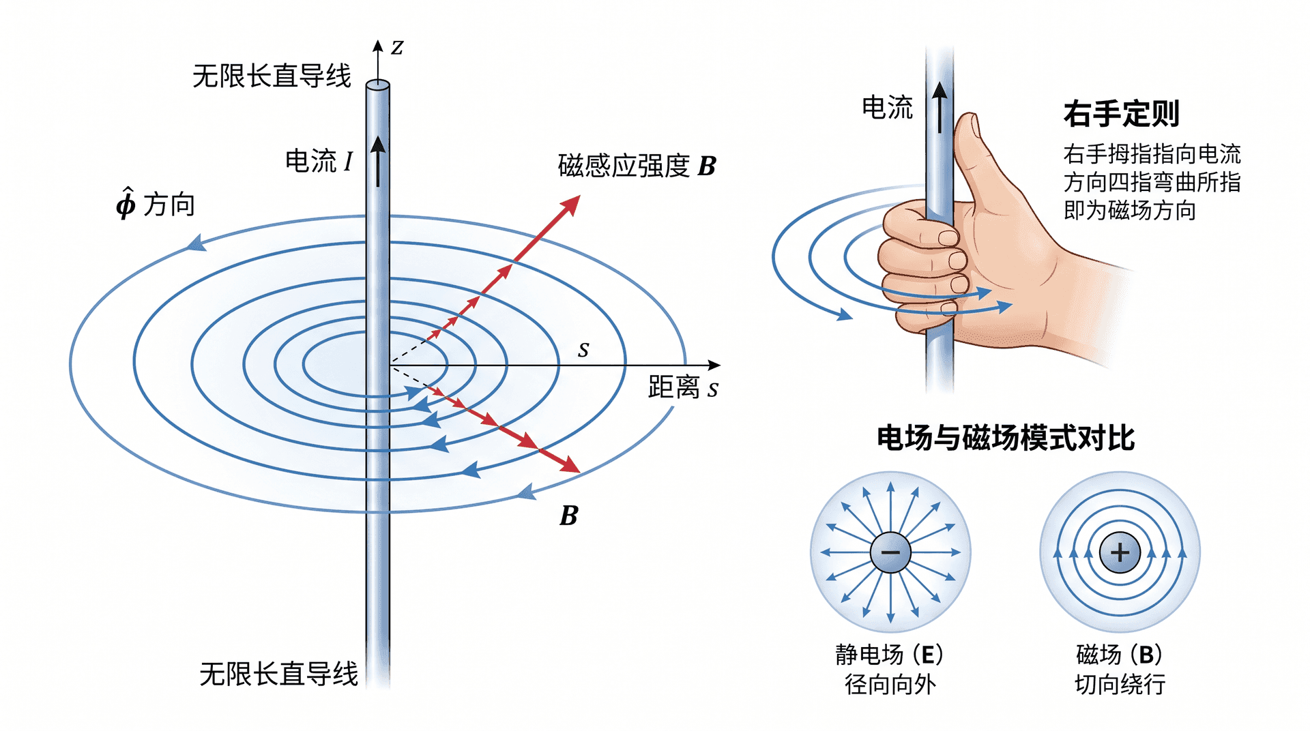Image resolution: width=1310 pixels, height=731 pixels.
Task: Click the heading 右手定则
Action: [1121, 113]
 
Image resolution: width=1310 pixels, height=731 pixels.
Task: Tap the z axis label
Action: [397, 48]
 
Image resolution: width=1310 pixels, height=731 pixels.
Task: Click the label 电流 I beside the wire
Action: [319, 161]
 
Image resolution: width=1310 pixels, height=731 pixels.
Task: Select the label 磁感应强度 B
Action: [637, 166]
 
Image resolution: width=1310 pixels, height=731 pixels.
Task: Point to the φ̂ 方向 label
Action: [156, 203]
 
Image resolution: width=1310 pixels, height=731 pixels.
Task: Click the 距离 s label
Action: [683, 387]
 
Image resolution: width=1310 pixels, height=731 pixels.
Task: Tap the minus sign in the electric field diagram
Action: [890, 552]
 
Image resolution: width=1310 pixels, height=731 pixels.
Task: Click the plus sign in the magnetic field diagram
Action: [1120, 552]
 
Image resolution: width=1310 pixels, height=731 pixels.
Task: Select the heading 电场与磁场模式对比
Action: [1006, 438]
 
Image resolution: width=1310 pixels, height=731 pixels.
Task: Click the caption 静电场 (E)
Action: [889, 655]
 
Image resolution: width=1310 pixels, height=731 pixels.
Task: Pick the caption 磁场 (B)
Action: [1119, 655]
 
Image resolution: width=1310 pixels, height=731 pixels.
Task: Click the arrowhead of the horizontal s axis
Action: [714, 365]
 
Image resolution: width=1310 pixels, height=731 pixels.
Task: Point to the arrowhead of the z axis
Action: [377, 46]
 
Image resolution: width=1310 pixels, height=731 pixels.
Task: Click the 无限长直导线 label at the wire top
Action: [272, 76]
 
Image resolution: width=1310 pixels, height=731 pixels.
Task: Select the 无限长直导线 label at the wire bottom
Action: [278, 674]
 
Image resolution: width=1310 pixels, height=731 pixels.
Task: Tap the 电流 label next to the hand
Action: [887, 108]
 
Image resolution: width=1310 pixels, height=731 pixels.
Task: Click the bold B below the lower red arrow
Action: [569, 516]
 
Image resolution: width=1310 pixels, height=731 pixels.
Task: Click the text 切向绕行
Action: [1120, 684]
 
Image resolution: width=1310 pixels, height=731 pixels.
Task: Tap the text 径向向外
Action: [890, 684]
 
